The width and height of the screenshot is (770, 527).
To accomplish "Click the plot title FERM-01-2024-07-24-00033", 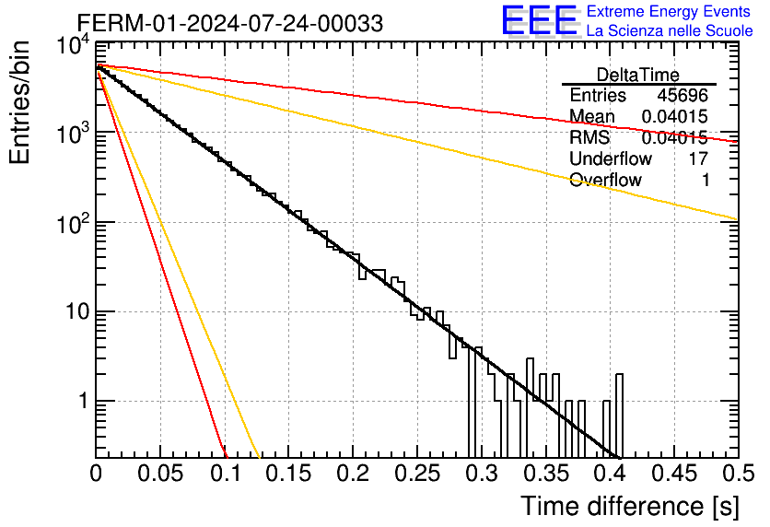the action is [x=230, y=23].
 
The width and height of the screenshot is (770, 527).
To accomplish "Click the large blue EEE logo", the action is [x=539, y=20].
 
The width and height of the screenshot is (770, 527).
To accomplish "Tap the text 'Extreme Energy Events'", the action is [x=669, y=11].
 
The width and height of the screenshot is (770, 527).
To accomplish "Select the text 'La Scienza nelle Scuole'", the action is [x=670, y=30].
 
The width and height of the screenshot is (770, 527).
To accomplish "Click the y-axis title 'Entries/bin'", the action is [x=20, y=103].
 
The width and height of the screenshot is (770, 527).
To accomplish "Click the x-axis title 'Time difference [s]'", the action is [x=630, y=506].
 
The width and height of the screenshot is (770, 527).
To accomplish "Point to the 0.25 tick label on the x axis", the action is [x=417, y=474].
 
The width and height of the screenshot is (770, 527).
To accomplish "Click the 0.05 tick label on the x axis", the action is [x=160, y=474].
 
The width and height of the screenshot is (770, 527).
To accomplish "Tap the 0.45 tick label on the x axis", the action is [x=674, y=474].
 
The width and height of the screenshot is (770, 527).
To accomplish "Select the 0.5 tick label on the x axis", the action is [x=739, y=474].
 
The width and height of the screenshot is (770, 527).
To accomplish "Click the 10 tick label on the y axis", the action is [x=78, y=311].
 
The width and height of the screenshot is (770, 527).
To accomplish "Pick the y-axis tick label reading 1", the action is [x=84, y=401].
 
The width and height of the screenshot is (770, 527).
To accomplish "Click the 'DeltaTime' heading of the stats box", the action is [x=638, y=75].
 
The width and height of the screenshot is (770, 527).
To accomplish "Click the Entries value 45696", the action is [x=682, y=95].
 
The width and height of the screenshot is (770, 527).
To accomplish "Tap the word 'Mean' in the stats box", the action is [x=591, y=116].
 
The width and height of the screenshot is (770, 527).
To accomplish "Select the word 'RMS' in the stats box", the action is [x=589, y=137].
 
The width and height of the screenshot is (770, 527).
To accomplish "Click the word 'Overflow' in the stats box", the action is [x=605, y=180].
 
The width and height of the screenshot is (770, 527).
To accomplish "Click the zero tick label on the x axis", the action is [x=96, y=474].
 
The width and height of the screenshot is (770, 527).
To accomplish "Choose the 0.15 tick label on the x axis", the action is [x=289, y=474].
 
